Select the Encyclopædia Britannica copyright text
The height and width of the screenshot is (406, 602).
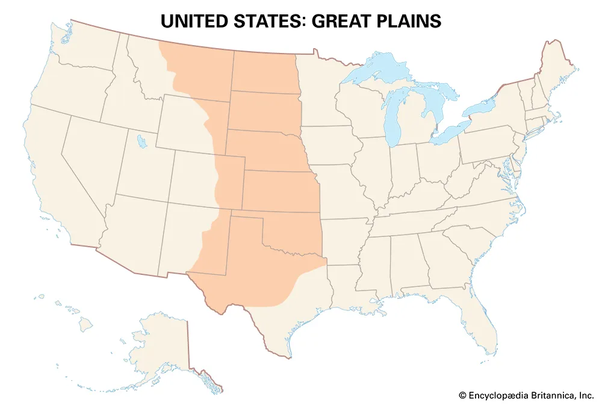click(526, 395)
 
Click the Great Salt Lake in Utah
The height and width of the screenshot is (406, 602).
click(141, 142)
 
